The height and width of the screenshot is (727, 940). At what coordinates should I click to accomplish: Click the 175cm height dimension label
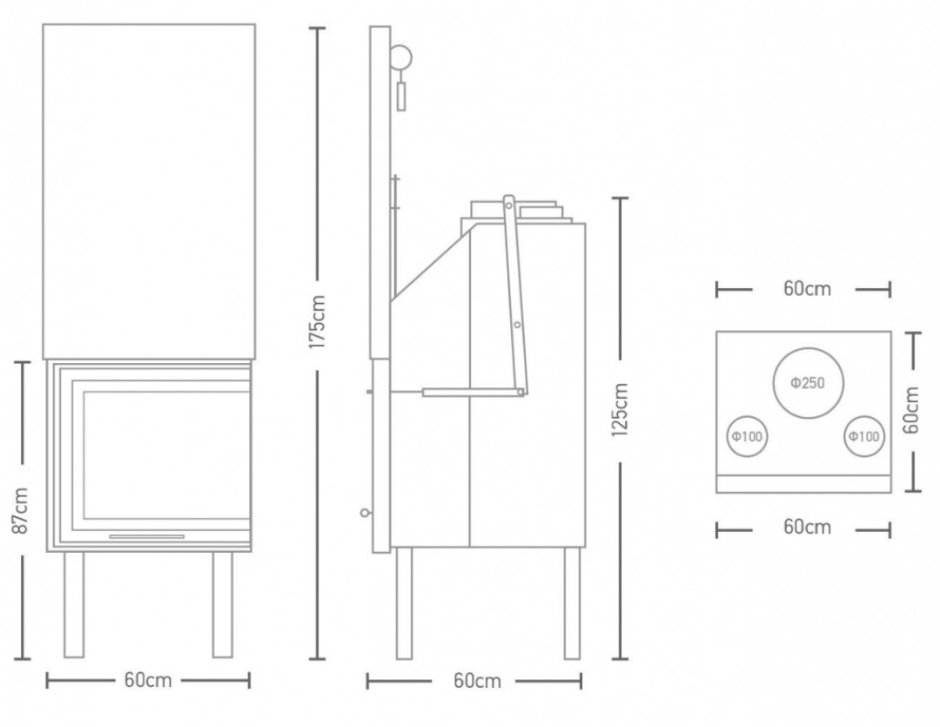317,321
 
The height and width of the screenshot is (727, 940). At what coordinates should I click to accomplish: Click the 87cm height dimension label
20,510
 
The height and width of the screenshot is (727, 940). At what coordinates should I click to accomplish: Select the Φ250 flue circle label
808,383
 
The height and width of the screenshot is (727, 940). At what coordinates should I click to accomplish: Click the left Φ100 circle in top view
747,436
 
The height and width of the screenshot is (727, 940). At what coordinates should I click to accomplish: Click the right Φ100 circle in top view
864,436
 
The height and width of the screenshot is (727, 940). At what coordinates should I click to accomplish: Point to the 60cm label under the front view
148,680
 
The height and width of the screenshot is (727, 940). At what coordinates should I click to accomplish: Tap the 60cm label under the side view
477,681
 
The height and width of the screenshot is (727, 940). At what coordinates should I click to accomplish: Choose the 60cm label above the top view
807,288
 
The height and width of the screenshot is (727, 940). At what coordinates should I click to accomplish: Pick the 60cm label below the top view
807,527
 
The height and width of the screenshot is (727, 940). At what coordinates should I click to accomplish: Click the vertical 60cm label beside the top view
911,410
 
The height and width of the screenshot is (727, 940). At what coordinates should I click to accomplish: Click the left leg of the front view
74,604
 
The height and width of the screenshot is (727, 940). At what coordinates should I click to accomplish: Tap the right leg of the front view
223,604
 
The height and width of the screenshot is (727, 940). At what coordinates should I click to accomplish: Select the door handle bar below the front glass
147,536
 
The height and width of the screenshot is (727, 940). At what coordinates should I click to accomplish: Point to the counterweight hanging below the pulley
401,97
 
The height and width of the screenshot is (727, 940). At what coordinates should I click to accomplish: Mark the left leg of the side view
404,602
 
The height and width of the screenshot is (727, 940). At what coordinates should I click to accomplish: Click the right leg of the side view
572,602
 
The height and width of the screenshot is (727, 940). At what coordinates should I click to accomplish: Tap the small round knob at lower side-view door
365,513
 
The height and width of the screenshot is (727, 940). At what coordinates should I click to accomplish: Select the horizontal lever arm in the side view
473,393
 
